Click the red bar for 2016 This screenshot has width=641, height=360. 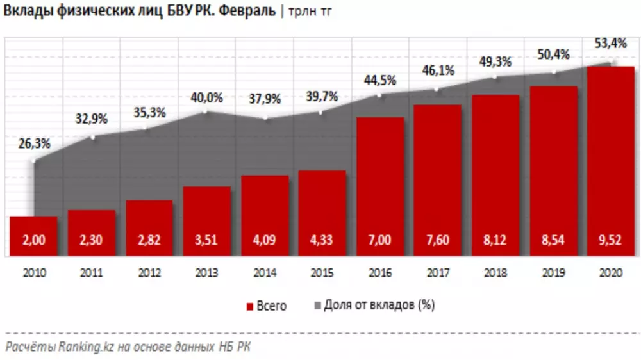pos(380,186)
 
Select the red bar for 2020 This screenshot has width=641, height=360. pos(611,160)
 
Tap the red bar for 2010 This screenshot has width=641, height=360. pos(34,236)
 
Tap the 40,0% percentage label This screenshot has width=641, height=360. pos(206,97)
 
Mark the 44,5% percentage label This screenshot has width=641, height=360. pos(380,81)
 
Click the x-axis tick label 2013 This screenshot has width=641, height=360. pos(207,273)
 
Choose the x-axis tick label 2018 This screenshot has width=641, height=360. pos(495,273)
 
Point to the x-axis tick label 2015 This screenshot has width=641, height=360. pos(322,273)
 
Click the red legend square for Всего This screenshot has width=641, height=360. pos(249,306)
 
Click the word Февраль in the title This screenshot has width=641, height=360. pos(249,12)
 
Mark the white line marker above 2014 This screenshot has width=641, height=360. pos(264,119)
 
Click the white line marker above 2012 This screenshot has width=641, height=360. pos(148,128)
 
